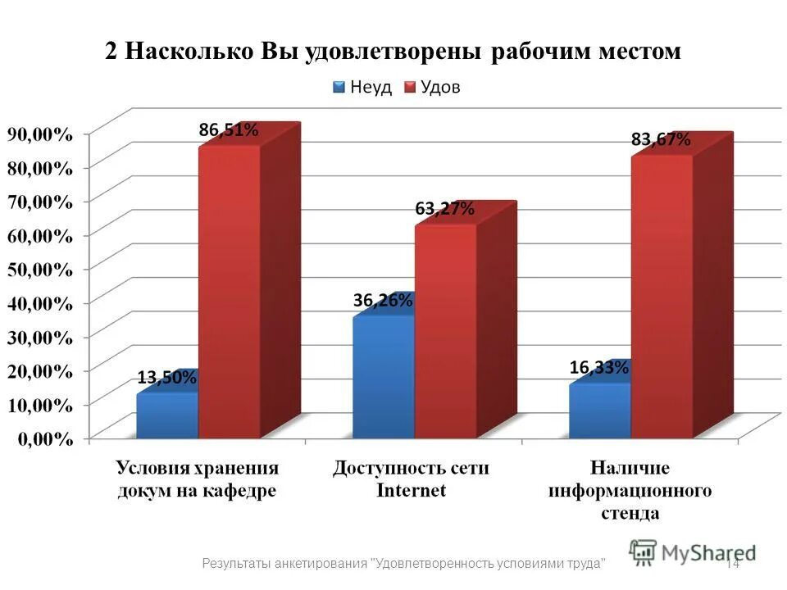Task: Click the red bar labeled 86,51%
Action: click(230, 291)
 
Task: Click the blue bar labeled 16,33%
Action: click(599, 410)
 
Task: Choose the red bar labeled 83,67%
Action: click(662, 295)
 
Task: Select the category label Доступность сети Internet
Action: click(411, 479)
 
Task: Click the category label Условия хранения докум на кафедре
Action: click(197, 479)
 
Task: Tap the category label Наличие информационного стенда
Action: click(630, 490)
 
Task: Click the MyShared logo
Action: click(693, 552)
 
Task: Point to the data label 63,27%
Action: click(444, 208)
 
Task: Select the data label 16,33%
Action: click(598, 369)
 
